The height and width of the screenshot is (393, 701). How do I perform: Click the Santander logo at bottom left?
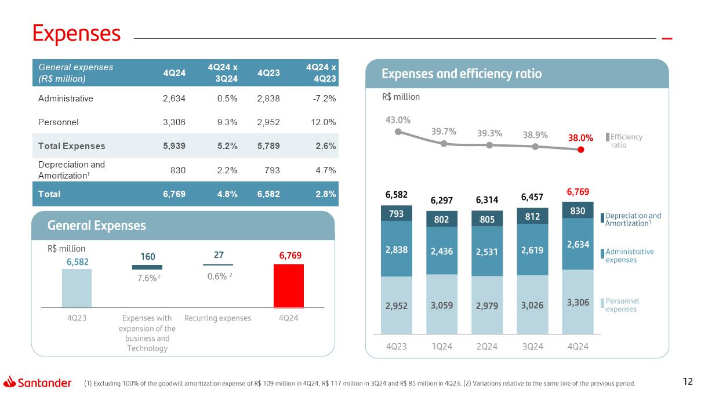(x=38, y=383)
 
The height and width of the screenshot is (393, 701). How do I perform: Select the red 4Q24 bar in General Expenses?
(x=288, y=286)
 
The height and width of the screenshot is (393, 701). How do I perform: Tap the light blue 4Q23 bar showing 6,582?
(x=77, y=288)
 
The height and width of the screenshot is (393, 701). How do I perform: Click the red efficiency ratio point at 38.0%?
(x=581, y=149)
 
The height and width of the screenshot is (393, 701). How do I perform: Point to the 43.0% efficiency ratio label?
(x=398, y=120)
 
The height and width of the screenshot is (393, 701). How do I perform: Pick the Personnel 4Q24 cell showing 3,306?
(x=174, y=122)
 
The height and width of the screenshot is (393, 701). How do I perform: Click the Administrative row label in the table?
(x=66, y=99)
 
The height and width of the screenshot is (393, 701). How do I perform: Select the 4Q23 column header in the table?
(x=268, y=73)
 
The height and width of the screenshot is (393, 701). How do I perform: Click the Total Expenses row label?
(x=71, y=146)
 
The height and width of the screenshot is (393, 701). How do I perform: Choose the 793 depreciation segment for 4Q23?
(x=397, y=213)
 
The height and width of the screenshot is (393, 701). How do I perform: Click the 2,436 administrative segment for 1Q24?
(x=442, y=252)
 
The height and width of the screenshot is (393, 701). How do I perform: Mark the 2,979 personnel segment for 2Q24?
(x=487, y=305)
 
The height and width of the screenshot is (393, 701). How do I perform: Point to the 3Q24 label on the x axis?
(x=533, y=346)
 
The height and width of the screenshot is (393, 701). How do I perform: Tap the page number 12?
(x=688, y=381)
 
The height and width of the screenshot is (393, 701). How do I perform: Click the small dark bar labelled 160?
(x=147, y=267)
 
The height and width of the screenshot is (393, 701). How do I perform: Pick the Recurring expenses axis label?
(x=217, y=318)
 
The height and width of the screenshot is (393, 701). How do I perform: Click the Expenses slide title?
(x=77, y=34)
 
